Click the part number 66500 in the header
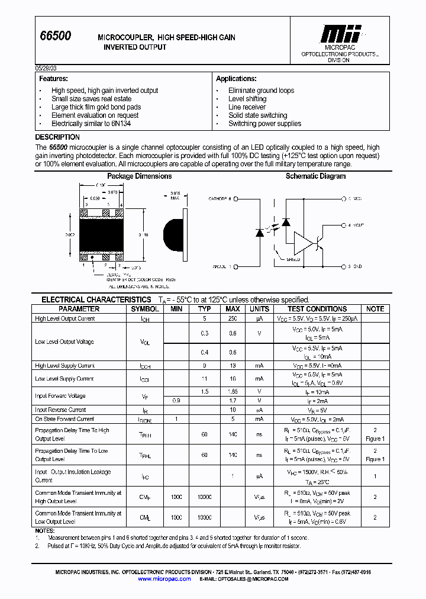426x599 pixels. pos(55,36)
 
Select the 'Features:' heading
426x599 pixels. pos(53,79)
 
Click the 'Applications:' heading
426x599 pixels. pos(236,79)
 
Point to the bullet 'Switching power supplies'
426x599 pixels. pos(264,124)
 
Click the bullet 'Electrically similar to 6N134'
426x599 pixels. pos(91,124)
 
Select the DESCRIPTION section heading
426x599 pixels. pos(57,137)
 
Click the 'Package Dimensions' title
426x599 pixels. pos(139,176)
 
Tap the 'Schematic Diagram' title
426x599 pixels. pos(315,176)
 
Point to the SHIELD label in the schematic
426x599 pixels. pos(293,259)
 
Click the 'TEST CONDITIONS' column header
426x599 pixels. pos(317,309)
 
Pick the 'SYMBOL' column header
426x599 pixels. pos(144,309)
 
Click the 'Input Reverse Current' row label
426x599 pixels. pos(60,410)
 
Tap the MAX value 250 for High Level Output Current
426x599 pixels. pos(233,318)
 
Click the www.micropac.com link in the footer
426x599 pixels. pos(164,579)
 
